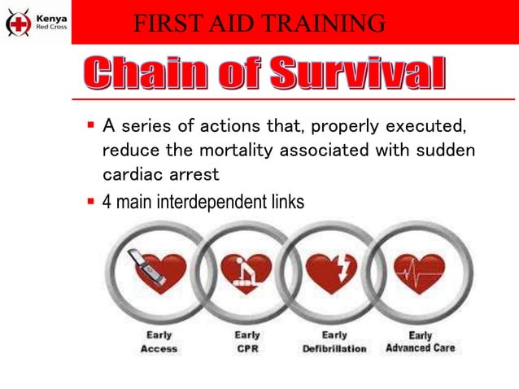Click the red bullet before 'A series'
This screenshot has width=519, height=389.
[x=91, y=126]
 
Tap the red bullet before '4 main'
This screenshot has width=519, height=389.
[x=91, y=200]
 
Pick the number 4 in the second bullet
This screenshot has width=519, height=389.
[x=107, y=201]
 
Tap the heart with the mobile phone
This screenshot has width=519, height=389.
[x=158, y=271]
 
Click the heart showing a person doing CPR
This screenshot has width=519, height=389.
[x=246, y=271]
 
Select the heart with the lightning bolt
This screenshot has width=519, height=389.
[x=332, y=271]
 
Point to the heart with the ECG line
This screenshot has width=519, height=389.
[x=419, y=271]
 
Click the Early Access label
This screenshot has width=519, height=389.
[x=159, y=342]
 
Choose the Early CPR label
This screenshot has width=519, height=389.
[x=247, y=342]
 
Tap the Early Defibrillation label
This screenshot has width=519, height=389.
[x=334, y=342]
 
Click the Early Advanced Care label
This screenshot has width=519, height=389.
[x=421, y=342]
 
